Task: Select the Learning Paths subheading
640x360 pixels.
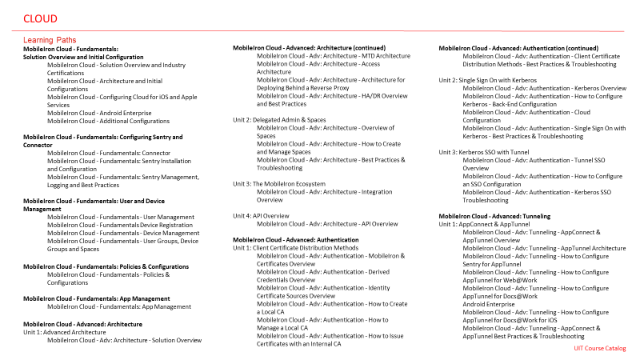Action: point(50,40)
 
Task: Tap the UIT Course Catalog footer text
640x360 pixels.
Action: point(600,348)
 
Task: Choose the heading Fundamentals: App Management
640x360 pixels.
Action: point(96,298)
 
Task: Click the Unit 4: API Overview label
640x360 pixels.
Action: point(261,215)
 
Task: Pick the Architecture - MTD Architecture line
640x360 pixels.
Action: point(333,56)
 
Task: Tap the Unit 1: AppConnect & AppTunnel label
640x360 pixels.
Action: point(484,224)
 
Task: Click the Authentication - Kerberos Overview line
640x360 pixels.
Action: point(544,88)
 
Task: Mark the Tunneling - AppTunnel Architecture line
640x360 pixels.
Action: point(544,248)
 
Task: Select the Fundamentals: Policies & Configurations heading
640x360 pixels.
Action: point(106,266)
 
